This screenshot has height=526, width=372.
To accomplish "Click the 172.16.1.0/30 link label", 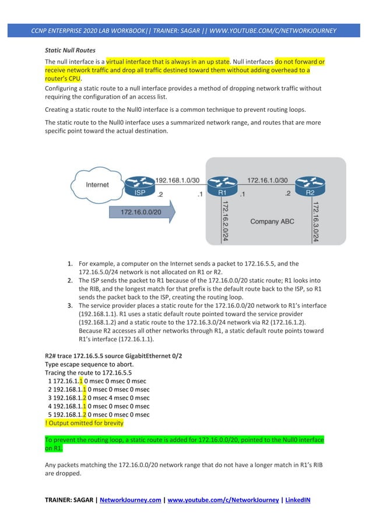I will [x=268, y=181].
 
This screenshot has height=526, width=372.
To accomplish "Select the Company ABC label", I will [x=272, y=221].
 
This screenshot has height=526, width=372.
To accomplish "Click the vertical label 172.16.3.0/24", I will [x=332, y=221].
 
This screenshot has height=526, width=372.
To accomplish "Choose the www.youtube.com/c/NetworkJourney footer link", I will [x=222, y=499].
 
